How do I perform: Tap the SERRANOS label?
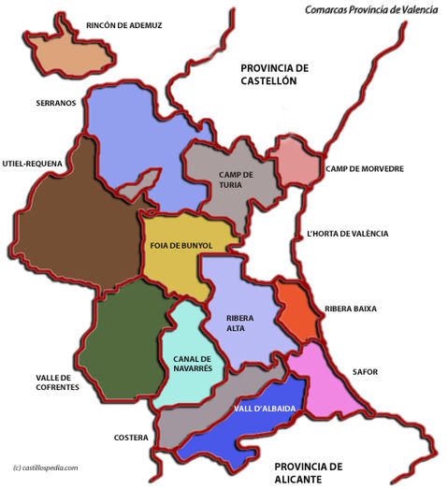pyautogui.click(x=55, y=103)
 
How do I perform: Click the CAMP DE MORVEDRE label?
pyautogui.click(x=365, y=169)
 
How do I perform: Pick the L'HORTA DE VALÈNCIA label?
pyautogui.click(x=347, y=234)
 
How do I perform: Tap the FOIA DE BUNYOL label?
pyautogui.click(x=181, y=245)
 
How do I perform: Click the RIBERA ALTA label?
pyautogui.click(x=240, y=323)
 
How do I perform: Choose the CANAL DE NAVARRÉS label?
pyautogui.click(x=193, y=364)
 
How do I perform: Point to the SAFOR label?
pyautogui.click(x=366, y=372)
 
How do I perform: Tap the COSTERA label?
pyautogui.click(x=130, y=437)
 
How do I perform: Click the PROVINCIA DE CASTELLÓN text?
pyautogui.click(x=275, y=74)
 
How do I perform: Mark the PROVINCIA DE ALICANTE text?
pyautogui.click(x=310, y=472)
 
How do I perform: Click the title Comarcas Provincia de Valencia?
pyautogui.click(x=370, y=9)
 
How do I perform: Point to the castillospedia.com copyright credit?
pyautogui.click(x=46, y=467)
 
